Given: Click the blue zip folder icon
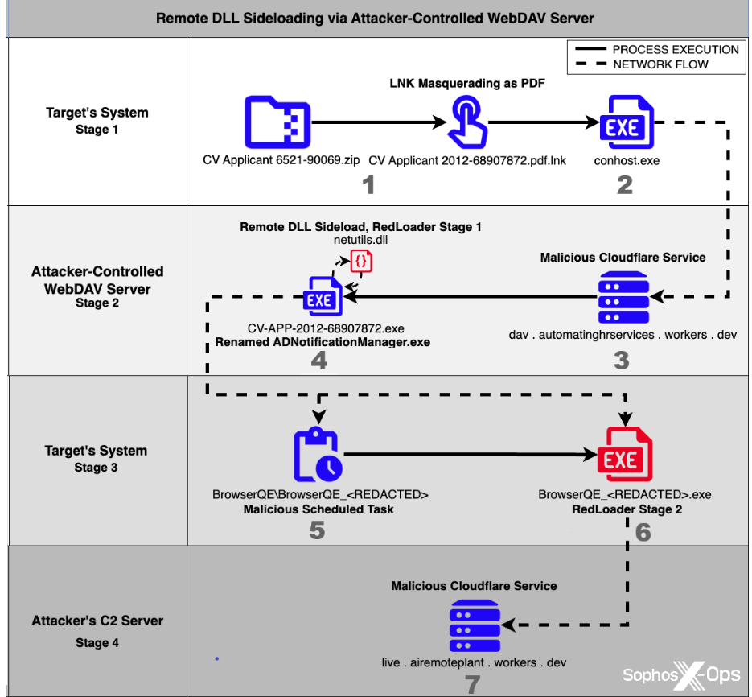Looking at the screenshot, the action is pos(277,122).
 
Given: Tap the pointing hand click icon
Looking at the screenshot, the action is pos(467,122).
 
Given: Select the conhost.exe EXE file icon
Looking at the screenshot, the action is pos(627,122).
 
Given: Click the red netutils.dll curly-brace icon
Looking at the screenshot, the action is pos(361,262).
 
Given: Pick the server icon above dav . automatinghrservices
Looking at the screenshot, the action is pos(623,297).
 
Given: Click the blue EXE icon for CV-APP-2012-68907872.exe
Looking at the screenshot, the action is pos(323,296).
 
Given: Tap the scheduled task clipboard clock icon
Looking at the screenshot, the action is pos(318,454).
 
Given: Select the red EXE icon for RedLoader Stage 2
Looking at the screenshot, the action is pos(624,454).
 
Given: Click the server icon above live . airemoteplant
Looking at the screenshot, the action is pos(475,625).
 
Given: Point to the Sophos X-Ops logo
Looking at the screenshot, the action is pos(681,675).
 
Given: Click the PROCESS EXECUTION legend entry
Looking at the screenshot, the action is pos(657,49).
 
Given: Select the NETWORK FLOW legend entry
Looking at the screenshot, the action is pos(642,64).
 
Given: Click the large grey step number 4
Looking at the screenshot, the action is pos(319,361).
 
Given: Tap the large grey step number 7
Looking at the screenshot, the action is pos(472,684).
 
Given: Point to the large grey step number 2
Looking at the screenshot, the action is pos(624,185).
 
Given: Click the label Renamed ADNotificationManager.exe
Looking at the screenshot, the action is pos(323,342).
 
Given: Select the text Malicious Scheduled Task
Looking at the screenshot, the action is pos(318,509).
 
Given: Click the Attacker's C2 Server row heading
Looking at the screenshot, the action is pos(97,621).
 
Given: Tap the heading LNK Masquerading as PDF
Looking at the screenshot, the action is pos(467,83).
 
